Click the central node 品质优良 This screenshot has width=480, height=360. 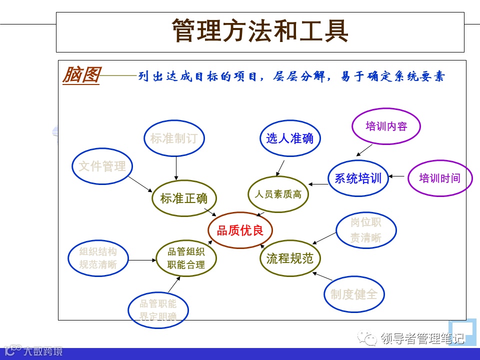pos(240,230)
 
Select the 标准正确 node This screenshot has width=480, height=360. pos(183,198)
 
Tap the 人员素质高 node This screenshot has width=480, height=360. pos(278,194)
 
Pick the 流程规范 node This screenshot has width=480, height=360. pos(289,258)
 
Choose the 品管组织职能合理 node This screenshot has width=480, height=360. pos(186,258)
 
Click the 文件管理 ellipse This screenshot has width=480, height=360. pos(102,166)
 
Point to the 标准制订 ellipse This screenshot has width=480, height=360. pos(174,138)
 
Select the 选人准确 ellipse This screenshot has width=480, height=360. pos(290,138)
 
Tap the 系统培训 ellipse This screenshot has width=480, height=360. pos(358,178)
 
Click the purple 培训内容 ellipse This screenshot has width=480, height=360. pos(386,126)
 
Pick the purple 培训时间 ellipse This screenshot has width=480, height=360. pos(439,178)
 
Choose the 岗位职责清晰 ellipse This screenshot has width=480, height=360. pos(365,230)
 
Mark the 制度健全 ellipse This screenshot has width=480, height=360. pos(354,294)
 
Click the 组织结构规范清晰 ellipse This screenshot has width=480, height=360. pos(98,258)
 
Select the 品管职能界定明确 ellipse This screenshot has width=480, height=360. pos(158,310)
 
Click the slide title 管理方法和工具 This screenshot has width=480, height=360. pos(260,31)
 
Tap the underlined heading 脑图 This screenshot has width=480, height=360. pos(80,75)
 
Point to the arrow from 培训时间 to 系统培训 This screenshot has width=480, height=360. pos(397,176)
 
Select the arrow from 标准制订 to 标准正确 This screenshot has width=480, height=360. pos(176,167)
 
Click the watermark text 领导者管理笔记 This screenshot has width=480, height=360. pos(422,339)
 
